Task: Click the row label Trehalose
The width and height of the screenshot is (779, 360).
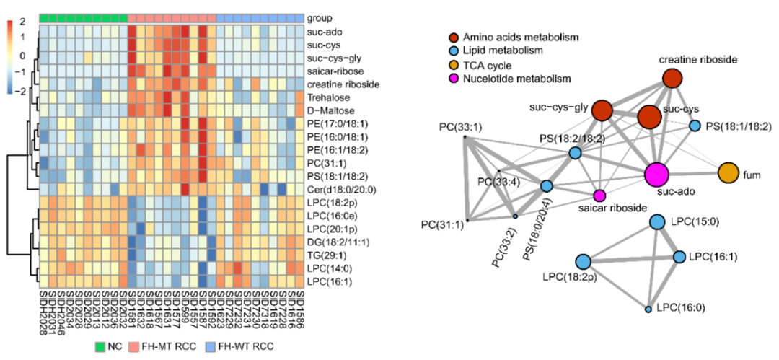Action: click(x=328, y=97)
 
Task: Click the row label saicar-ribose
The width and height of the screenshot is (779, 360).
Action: click(x=334, y=71)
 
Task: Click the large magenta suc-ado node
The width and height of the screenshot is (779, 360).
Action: click(x=656, y=174)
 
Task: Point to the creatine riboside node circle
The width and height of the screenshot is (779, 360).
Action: click(x=672, y=78)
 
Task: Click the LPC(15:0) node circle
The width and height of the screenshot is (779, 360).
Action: click(x=657, y=221)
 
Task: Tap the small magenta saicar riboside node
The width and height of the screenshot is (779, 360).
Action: click(x=599, y=196)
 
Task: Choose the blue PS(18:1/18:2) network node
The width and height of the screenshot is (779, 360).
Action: click(x=695, y=126)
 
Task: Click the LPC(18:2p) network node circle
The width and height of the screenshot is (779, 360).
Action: click(x=584, y=262)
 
